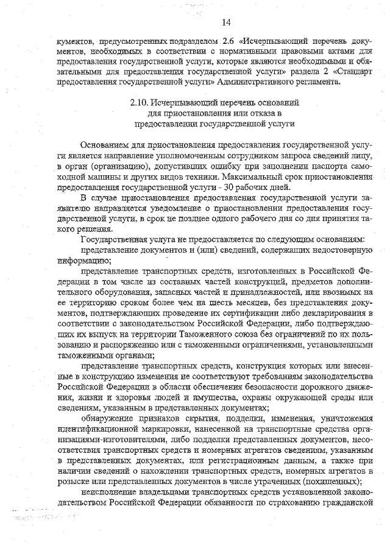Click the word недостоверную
coord(341,250)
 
